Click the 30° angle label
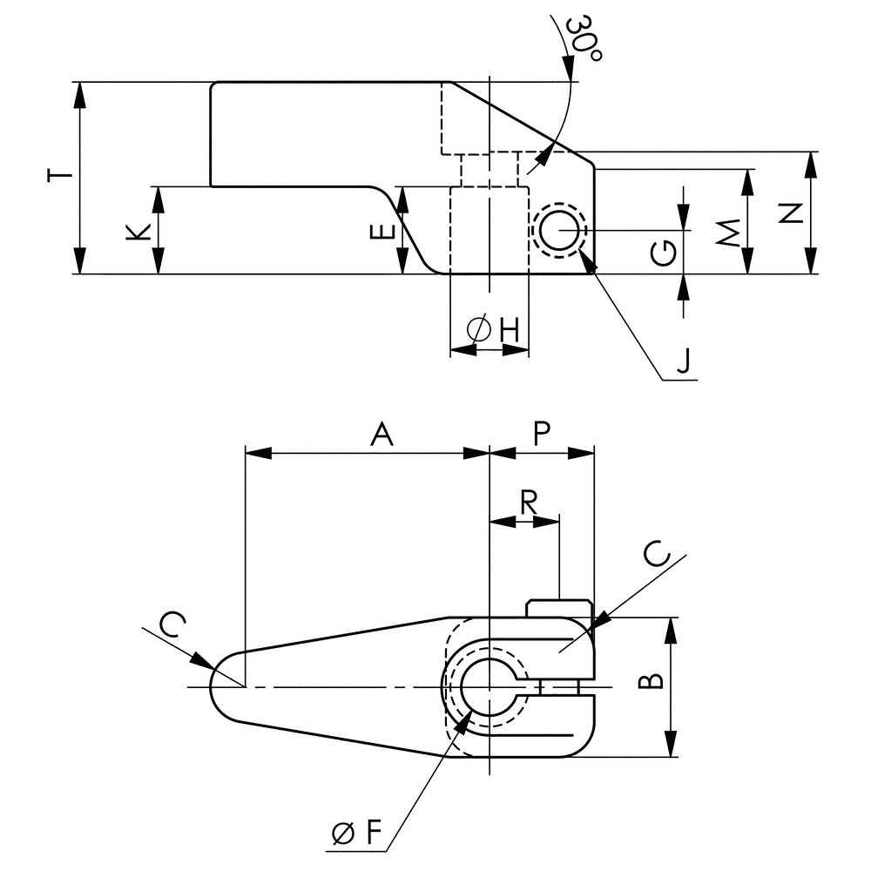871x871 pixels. pos(584,40)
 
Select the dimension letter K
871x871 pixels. pos(138,233)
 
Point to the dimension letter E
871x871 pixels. pos(382,232)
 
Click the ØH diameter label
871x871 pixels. pos(493,329)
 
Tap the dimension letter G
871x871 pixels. pos(664,253)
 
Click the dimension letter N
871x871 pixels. pos(791,213)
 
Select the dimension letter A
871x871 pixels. pos(381,434)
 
